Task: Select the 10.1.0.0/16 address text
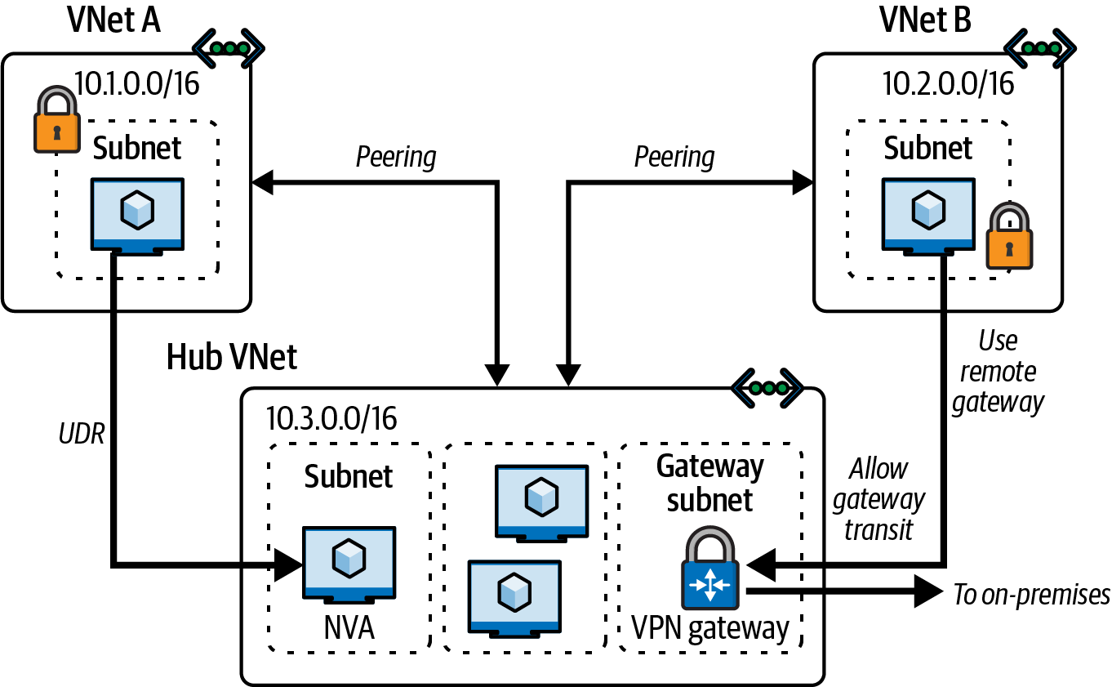[x=136, y=83]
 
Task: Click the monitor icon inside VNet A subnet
[x=137, y=215]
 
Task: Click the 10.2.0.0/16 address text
[x=949, y=83]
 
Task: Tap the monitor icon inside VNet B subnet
[x=927, y=215]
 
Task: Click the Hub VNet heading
[x=232, y=357]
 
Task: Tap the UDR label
[x=82, y=434]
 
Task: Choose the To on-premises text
[x=1031, y=595]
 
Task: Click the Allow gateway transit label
[x=878, y=499]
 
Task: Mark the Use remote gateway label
[x=998, y=372]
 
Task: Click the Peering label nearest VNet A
[x=396, y=157]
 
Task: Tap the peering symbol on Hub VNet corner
[x=767, y=386]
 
